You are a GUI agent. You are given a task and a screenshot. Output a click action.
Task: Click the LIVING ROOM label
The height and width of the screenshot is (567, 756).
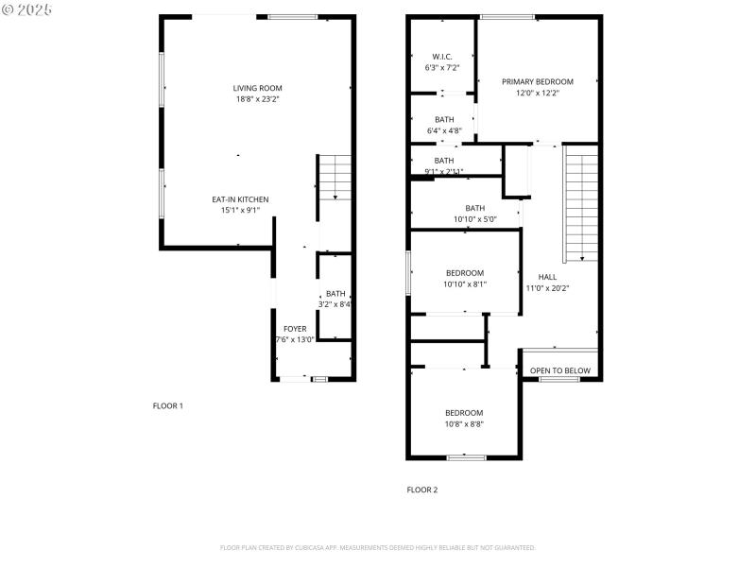(258, 88)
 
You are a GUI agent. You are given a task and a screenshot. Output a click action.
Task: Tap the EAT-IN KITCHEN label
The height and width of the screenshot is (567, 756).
(240, 199)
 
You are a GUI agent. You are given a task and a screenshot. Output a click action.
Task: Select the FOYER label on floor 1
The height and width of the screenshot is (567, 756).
(295, 328)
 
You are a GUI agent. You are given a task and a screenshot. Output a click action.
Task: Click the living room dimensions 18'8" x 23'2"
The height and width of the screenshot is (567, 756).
(258, 99)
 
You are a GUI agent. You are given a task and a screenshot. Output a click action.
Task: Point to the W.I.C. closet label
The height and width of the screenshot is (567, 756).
(442, 57)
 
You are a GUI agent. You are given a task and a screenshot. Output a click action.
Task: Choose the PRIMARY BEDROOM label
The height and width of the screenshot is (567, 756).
(538, 82)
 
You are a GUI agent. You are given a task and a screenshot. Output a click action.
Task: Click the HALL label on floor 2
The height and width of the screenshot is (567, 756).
(547, 277)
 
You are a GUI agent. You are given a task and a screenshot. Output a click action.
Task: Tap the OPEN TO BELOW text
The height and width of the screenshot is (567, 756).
(560, 371)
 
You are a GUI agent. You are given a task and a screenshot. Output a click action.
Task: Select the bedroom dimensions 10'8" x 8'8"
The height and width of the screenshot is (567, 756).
(464, 425)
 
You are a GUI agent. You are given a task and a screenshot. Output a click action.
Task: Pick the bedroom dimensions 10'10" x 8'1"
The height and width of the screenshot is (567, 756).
(465, 283)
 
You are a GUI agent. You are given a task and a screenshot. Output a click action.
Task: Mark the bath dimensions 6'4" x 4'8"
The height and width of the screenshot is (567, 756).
(443, 130)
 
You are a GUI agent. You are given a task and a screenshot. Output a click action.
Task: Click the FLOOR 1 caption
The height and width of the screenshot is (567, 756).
(168, 406)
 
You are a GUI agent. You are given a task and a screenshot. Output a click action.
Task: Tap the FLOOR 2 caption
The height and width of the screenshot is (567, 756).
(422, 490)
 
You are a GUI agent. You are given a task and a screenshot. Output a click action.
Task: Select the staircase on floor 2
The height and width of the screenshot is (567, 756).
(581, 203)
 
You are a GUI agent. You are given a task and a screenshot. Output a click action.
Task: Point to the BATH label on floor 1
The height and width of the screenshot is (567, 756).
(335, 294)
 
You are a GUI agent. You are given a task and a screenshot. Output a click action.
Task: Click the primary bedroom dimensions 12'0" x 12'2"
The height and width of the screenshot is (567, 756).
(538, 94)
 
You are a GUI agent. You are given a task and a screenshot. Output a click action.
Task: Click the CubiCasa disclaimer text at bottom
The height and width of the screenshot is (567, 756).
(378, 548)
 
